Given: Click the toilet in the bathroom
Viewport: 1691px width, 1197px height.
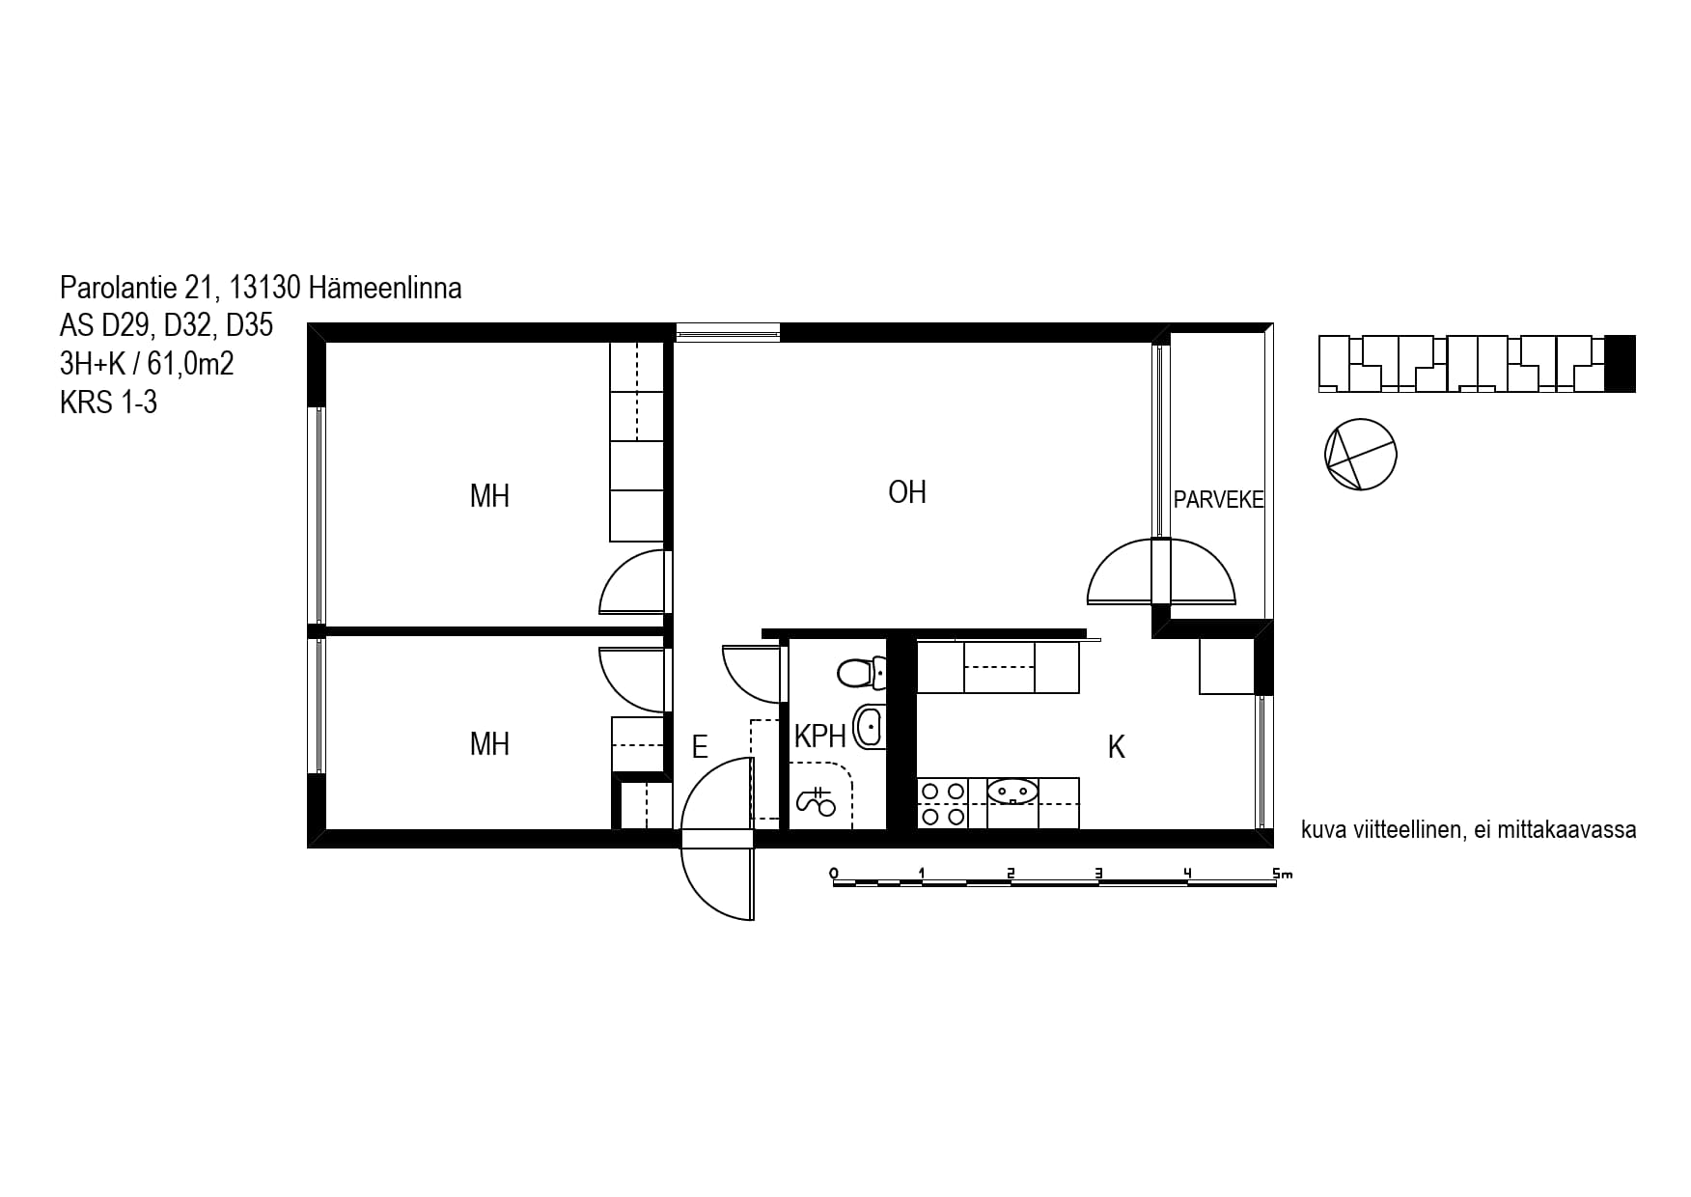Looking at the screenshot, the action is pyautogui.click(x=861, y=672).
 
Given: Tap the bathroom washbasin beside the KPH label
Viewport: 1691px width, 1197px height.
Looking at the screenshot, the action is pyautogui.click(x=869, y=727).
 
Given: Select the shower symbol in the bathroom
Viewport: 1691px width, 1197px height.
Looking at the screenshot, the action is pyautogui.click(x=816, y=800).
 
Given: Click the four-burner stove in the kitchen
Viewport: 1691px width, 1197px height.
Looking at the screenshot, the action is pyautogui.click(x=942, y=803).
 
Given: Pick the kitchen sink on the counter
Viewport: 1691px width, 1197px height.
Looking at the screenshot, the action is pyautogui.click(x=1012, y=792).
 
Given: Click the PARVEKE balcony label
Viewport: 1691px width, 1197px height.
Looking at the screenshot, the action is pyautogui.click(x=1218, y=500).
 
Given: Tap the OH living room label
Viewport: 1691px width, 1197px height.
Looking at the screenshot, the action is pyautogui.click(x=907, y=492).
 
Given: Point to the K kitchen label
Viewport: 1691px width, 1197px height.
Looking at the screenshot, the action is pyautogui.click(x=1117, y=747).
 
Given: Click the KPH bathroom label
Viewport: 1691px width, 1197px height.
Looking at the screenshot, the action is pyautogui.click(x=820, y=738).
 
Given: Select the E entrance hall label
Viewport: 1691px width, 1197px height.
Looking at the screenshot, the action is pyautogui.click(x=700, y=746).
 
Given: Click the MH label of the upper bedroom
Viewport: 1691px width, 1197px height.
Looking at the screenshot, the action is pyautogui.click(x=489, y=496).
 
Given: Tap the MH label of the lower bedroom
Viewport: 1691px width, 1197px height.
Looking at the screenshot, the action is pyautogui.click(x=489, y=744).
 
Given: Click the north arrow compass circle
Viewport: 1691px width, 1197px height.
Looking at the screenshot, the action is pyautogui.click(x=1361, y=454).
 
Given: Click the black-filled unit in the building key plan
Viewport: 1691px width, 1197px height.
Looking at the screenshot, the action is pyautogui.click(x=1621, y=363).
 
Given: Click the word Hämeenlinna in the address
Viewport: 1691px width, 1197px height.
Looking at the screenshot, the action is pyautogui.click(x=385, y=288).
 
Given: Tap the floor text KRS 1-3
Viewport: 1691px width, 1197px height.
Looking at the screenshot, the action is pyautogui.click(x=108, y=402).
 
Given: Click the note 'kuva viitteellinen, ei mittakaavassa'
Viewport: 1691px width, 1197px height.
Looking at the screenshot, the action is pyautogui.click(x=1468, y=830).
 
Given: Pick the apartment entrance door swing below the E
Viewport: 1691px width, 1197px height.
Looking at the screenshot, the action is pyautogui.click(x=717, y=838).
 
